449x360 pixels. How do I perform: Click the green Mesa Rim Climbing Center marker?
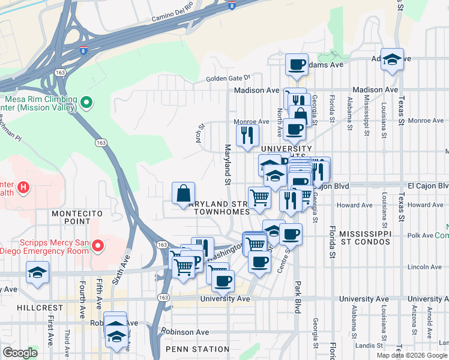click(86, 103)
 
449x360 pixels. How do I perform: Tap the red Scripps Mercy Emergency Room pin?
click(100, 246)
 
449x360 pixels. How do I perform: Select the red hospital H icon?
click(23, 188)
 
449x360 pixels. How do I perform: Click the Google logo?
click(20, 353)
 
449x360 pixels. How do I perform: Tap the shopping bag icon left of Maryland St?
click(184, 193)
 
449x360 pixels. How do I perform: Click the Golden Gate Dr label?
click(228, 78)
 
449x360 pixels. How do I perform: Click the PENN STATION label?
click(198, 349)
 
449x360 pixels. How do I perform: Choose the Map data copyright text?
click(412, 355)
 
